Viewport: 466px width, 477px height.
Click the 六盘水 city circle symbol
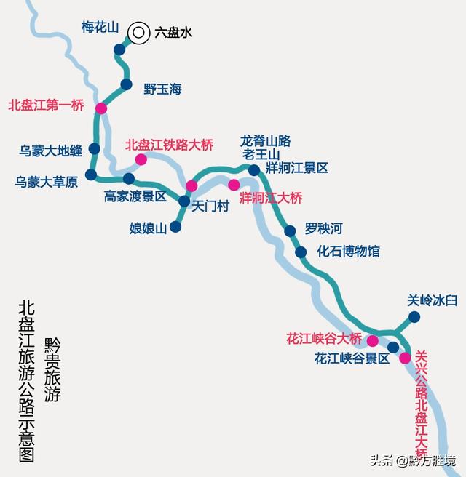point(138,32)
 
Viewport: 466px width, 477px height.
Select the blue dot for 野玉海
point(126,84)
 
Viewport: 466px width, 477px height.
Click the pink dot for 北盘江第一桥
point(100,108)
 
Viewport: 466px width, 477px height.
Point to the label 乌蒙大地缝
point(50,151)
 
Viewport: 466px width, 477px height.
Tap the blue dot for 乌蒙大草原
point(90,175)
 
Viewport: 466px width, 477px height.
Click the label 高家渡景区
point(135,196)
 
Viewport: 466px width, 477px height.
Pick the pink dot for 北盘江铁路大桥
point(141,159)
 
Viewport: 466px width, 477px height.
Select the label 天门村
point(210,207)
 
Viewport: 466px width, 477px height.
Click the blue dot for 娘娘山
point(175,227)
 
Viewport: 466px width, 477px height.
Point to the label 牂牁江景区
point(297,168)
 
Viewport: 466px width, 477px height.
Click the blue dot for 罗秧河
point(290,231)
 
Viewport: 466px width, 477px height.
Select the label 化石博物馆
point(348,252)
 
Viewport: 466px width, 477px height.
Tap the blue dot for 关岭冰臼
point(414,316)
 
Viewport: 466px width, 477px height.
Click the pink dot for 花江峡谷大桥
point(372,340)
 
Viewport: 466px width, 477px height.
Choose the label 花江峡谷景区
point(352,358)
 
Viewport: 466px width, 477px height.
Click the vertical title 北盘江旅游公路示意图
point(27,381)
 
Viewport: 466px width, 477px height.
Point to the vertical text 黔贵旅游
point(52,370)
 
